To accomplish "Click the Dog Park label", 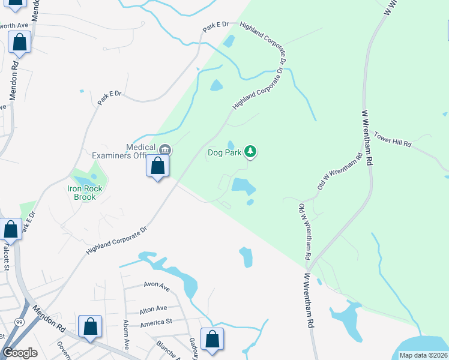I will click(x=224, y=152).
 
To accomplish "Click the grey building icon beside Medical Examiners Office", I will click(x=166, y=149).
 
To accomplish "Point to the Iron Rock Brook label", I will click(x=85, y=192).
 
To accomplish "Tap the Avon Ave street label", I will click(x=156, y=287).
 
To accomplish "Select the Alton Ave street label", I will click(x=152, y=308).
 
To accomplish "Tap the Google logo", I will click(x=20, y=353).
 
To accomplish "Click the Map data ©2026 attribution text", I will click(x=423, y=355).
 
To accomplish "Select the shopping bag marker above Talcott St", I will click(x=10, y=229).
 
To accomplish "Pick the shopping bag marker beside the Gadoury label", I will click(x=212, y=339).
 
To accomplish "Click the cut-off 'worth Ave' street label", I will click(x=14, y=26).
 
